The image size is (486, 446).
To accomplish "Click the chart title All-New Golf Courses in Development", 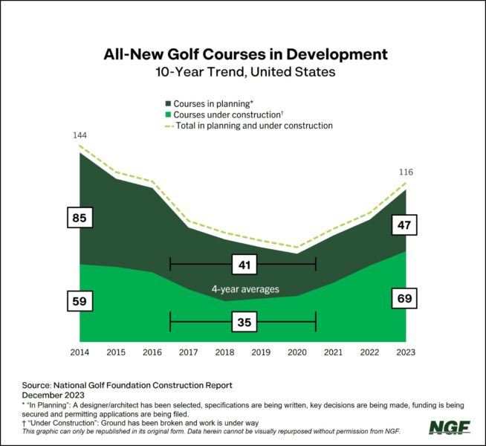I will click(243, 54).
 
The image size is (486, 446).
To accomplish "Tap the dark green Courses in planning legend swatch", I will click(167, 103).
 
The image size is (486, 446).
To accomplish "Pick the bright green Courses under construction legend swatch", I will click(167, 114).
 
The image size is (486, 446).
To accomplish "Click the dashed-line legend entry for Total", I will click(167, 126).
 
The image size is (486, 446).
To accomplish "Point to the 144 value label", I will click(80, 136).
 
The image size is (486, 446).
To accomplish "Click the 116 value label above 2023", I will click(406, 172).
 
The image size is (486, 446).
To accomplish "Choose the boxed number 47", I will click(405, 224).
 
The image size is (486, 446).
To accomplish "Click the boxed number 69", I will click(405, 300).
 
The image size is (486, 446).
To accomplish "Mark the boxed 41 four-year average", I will click(243, 264).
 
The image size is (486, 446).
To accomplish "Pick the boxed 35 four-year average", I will click(243, 323).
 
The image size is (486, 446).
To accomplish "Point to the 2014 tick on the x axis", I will click(80, 352).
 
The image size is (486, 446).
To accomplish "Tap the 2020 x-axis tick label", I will click(297, 352).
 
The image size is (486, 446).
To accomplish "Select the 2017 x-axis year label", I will click(188, 352).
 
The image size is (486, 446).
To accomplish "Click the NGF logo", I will click(449, 427).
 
